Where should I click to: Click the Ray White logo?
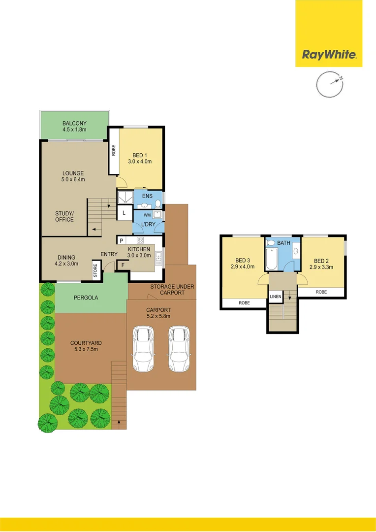coord(329,55)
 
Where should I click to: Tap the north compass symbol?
coord(329,84)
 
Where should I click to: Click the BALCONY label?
coord(74,123)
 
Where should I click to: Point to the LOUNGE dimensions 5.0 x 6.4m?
coord(73,180)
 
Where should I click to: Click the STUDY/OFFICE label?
coord(64,216)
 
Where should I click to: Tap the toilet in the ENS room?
coord(157,203)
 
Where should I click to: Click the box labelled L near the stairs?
coord(124,213)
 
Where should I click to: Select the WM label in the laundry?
coord(147,215)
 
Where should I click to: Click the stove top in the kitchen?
coord(140,240)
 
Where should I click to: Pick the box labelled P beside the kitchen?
coord(121,240)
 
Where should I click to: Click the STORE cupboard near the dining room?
coord(96,270)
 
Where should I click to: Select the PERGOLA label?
coord(86,298)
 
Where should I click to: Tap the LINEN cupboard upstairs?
coord(275,297)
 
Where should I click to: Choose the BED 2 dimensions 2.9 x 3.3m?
coord(321,267)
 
